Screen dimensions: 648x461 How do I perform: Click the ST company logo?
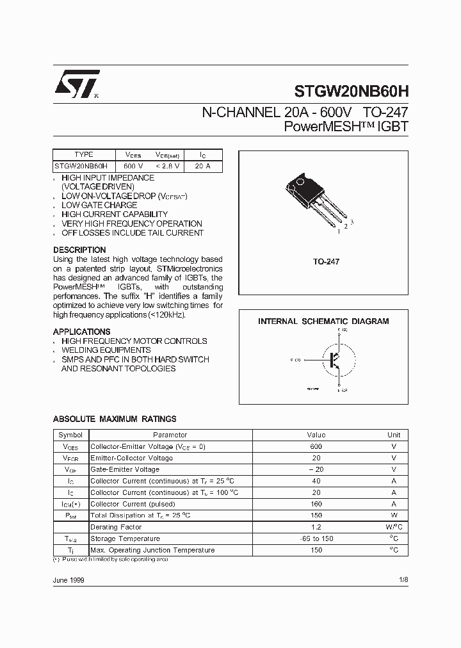coord(76,84)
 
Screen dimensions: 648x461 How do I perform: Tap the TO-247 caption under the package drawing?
coord(326,262)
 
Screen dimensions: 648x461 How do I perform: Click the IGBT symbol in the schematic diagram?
coord(335,360)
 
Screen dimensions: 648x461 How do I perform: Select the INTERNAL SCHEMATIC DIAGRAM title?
coord(323,321)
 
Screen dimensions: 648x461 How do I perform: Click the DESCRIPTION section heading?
coord(79,250)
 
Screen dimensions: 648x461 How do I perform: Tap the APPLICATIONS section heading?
coord(81,332)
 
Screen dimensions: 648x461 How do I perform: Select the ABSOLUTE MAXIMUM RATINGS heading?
coord(115,419)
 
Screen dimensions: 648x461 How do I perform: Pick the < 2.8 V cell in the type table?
coord(168,166)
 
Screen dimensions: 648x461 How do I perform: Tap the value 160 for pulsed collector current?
coord(316,504)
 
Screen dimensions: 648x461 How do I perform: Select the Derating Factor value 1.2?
coord(316,527)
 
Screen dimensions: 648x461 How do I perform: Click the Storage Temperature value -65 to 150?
coord(316,539)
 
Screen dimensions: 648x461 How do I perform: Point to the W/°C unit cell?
coord(393,527)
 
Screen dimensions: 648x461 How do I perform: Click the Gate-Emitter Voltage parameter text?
coord(125,469)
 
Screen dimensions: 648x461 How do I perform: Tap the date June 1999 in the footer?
coord(69,579)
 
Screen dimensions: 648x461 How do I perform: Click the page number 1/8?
coord(403,579)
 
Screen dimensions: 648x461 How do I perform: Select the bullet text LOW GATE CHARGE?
coord(99,205)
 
